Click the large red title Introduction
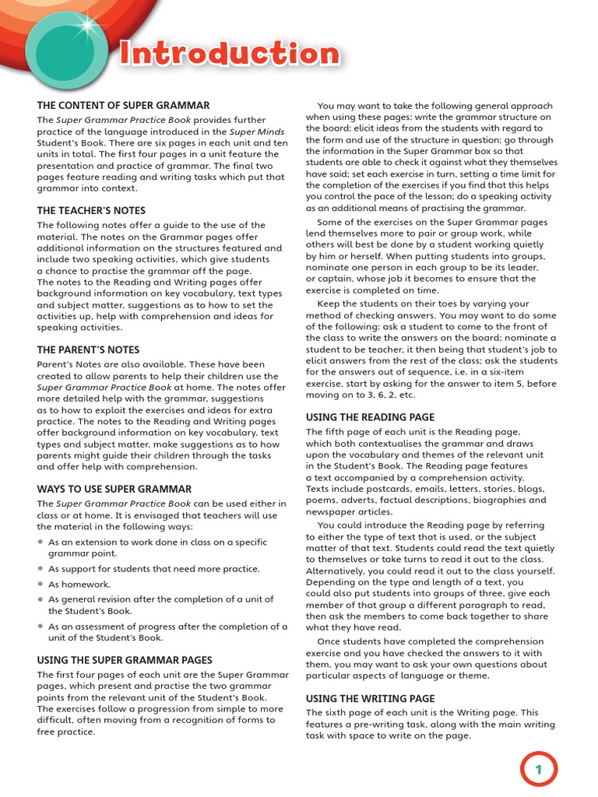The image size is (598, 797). tap(230, 54)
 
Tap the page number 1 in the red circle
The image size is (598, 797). tap(537, 770)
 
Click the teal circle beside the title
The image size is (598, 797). tap(62, 48)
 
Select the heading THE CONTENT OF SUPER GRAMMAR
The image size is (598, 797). tap(123, 105)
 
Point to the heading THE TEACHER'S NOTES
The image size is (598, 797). tap(91, 210)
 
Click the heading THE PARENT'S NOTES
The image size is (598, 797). tap(88, 349)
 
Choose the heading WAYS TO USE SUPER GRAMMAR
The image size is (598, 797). tap(114, 489)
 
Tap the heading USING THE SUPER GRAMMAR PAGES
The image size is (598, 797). tap(125, 660)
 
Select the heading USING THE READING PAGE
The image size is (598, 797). tap(370, 417)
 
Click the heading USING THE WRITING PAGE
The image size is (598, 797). tap(370, 698)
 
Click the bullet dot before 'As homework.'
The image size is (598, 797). tap(40, 585)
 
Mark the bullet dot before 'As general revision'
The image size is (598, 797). tap(40, 600)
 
